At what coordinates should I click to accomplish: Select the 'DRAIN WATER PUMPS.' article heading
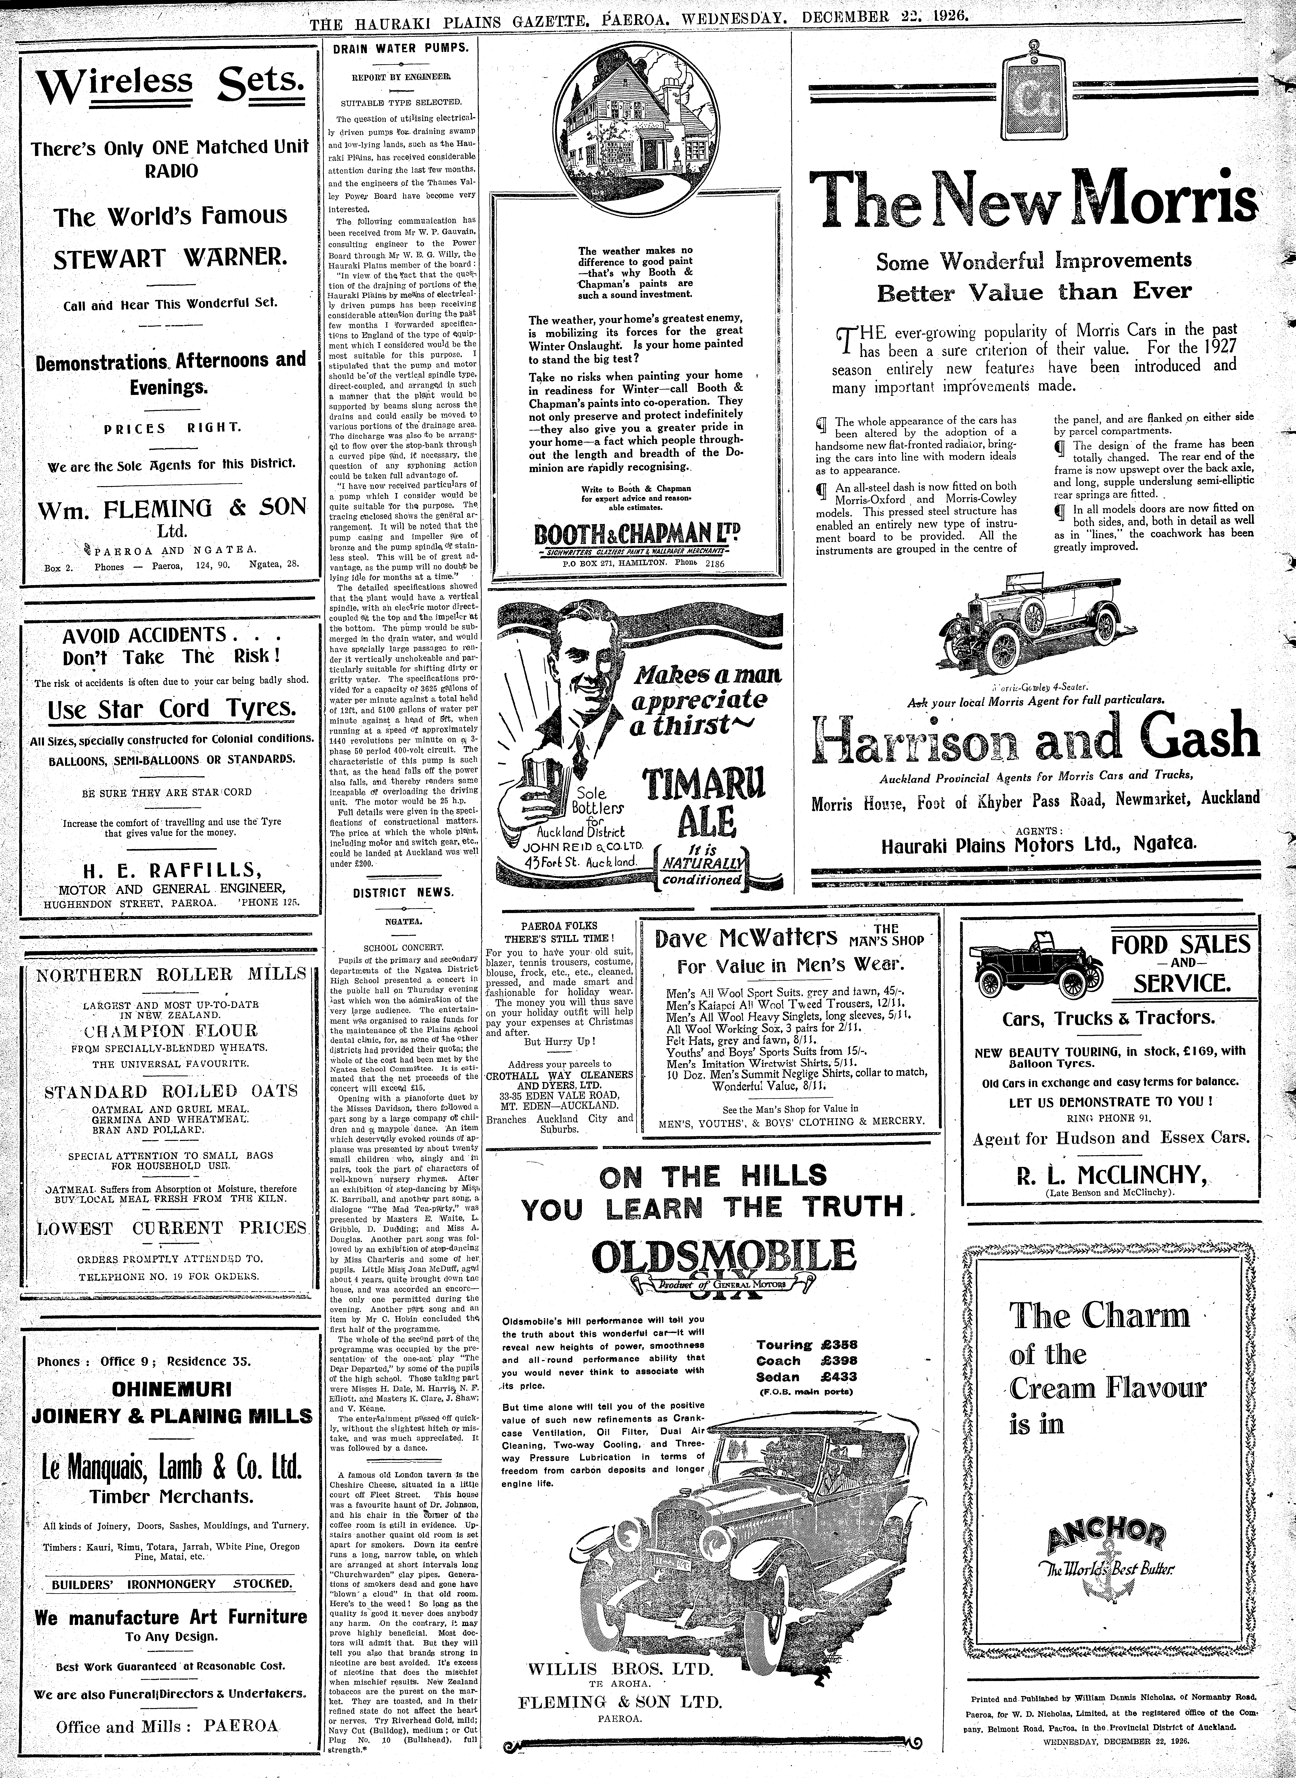pyautogui.click(x=399, y=48)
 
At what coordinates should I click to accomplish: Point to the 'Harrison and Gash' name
pyautogui.click(x=1036, y=740)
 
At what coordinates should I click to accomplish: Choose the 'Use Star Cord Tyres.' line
pyautogui.click(x=172, y=709)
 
